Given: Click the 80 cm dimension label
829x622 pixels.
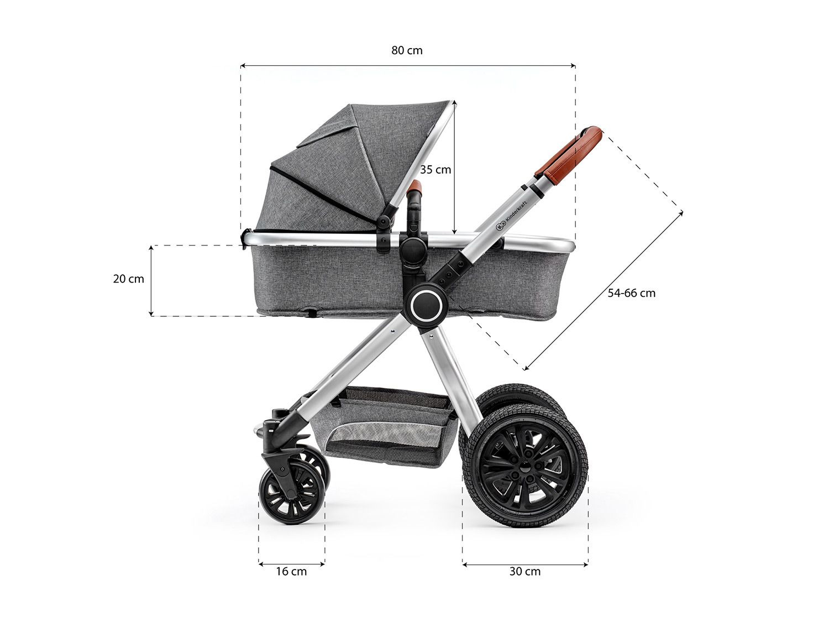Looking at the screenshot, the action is click(x=407, y=50).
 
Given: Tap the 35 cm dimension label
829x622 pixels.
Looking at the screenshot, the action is click(x=436, y=170).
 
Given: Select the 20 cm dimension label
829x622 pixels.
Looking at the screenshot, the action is click(x=128, y=279).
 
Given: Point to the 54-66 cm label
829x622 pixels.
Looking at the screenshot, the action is click(x=632, y=292).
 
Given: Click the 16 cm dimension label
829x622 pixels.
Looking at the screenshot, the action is click(x=291, y=571).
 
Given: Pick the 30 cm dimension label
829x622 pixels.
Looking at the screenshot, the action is click(x=525, y=571).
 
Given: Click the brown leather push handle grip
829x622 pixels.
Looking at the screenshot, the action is click(x=568, y=155).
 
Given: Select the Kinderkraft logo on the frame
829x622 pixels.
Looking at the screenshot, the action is click(x=511, y=215).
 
